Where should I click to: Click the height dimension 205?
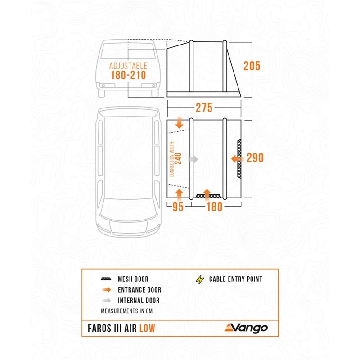[252, 66]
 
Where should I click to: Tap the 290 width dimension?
[254, 158]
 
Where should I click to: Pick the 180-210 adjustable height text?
[128, 75]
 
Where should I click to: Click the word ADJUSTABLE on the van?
[128, 66]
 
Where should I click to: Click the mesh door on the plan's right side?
[239, 158]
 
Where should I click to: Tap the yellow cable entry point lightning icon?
[200, 279]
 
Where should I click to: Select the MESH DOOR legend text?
[133, 279]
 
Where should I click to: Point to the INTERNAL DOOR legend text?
[139, 300]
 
